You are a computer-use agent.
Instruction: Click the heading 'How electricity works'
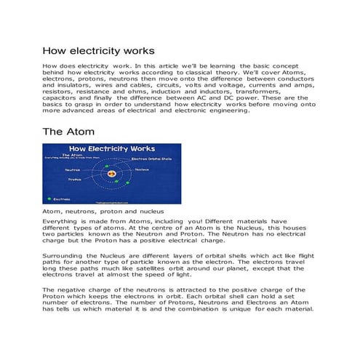pyautogui.click(x=98, y=51)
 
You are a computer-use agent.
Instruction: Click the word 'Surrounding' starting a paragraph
pyautogui.click(x=63, y=257)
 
